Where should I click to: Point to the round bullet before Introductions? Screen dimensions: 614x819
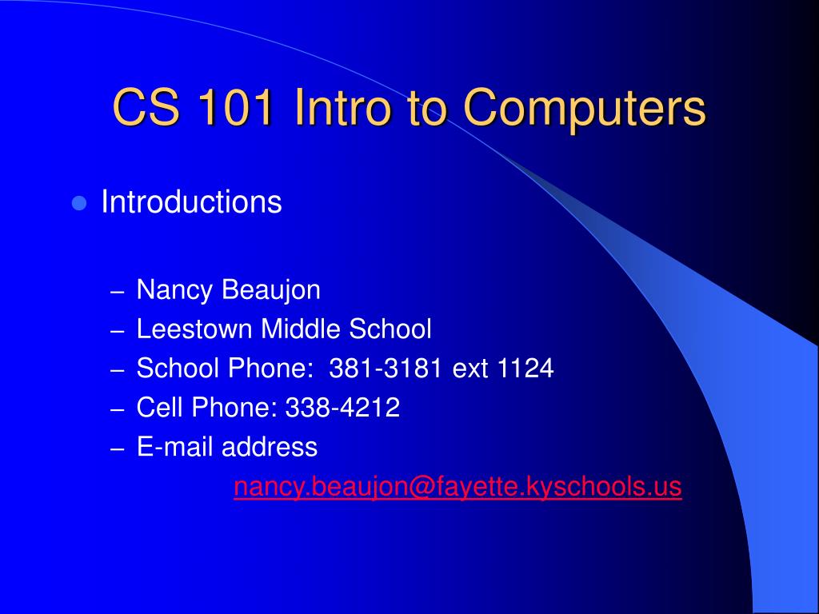coord(78,203)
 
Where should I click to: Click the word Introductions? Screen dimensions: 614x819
coord(191,202)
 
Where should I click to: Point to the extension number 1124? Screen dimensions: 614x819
coord(525,369)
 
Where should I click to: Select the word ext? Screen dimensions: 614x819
coord(471,369)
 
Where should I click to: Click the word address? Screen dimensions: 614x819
coord(270,447)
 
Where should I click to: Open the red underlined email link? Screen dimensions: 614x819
coord(457,487)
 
